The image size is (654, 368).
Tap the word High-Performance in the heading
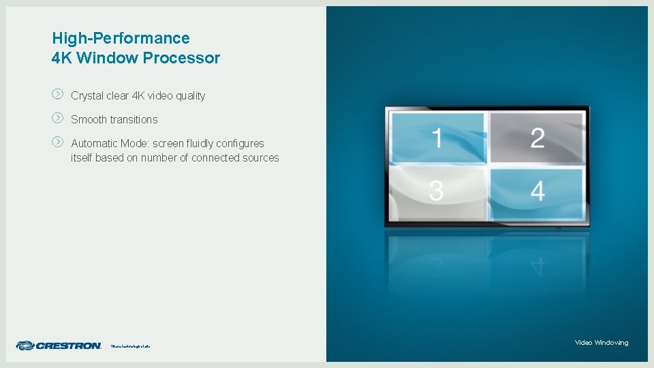point(121,38)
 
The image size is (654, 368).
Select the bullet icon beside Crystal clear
point(58,94)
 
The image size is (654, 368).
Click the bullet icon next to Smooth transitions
point(58,118)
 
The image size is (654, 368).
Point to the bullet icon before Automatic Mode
point(58,142)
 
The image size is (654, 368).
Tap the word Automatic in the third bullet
point(95,144)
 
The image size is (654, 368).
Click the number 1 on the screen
point(436,138)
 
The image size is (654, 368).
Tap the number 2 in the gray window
point(538,138)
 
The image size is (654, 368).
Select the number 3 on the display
point(436,191)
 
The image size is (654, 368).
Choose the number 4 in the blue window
point(538,191)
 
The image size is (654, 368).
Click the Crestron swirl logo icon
point(25,346)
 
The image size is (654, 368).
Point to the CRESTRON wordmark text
point(68,346)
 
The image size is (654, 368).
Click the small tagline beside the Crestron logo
point(130,346)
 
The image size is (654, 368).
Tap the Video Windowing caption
point(602,342)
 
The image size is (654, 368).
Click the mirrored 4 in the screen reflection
point(538,262)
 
